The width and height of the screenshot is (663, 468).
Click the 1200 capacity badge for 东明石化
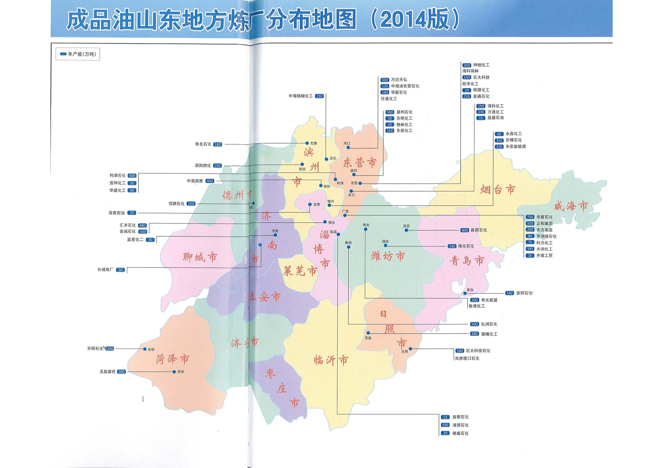coord(110,348)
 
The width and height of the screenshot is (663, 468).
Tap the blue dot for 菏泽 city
coord(174,372)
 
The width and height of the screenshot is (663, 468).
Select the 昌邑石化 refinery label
coord(478,230)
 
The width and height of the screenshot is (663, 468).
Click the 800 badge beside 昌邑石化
coord(465,230)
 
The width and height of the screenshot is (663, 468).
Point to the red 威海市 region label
coord(571,206)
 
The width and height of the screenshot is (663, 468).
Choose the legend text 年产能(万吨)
coord(82,54)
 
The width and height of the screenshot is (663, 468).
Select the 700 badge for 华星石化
coord(530,217)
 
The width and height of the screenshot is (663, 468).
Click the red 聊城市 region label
coord(199,257)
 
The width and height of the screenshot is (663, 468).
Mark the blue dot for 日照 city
coord(410,348)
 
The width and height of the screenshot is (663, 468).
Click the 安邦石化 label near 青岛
coord(524,293)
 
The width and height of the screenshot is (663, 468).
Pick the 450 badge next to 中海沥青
coord(210,181)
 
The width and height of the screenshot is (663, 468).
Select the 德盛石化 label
coord(460,433)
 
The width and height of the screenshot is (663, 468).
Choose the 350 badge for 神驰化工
coord(467,65)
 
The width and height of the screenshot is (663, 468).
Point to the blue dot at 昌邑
coord(406,230)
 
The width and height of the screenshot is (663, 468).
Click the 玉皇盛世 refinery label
coord(107,372)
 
